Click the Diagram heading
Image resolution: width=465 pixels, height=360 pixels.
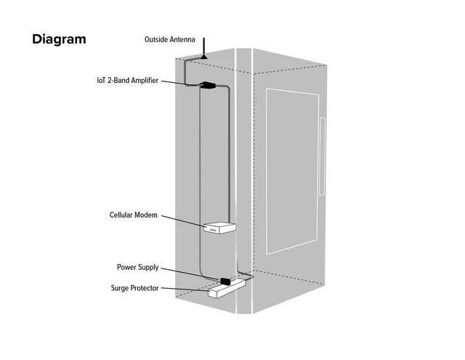click(x=59, y=39)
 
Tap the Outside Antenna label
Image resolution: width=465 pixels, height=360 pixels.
click(x=170, y=40)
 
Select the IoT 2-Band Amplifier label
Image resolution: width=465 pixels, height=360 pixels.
click(x=127, y=81)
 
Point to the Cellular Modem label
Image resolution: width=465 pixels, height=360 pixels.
click(x=133, y=215)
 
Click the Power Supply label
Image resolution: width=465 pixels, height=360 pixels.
click(x=137, y=268)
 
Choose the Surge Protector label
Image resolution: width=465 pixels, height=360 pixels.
click(x=134, y=289)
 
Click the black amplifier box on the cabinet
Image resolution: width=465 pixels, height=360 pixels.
click(x=207, y=85)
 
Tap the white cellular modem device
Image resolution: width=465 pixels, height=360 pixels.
click(x=219, y=229)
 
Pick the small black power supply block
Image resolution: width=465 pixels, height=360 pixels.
click(x=225, y=281)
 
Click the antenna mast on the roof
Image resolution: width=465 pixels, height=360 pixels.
click(x=205, y=45)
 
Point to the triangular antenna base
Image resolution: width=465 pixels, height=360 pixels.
click(x=205, y=55)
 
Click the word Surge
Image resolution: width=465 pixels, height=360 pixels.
click(x=121, y=289)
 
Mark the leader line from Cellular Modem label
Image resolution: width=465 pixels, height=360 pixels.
click(x=182, y=220)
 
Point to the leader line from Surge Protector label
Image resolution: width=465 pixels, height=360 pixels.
click(x=185, y=289)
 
